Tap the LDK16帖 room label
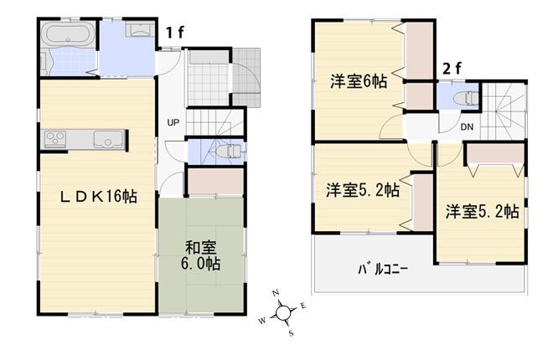tap(98, 197)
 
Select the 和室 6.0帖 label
tap(202, 255)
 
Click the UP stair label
tap(173, 124)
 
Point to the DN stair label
tap(468, 127)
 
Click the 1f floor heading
tap(174, 33)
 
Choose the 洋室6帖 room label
tap(358, 82)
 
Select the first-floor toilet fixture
tap(229, 152)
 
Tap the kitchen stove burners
tap(57, 138)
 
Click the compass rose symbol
tap(284, 313)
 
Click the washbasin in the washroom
tap(139, 31)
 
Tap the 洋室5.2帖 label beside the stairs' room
tap(482, 211)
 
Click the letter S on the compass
tap(291, 332)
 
